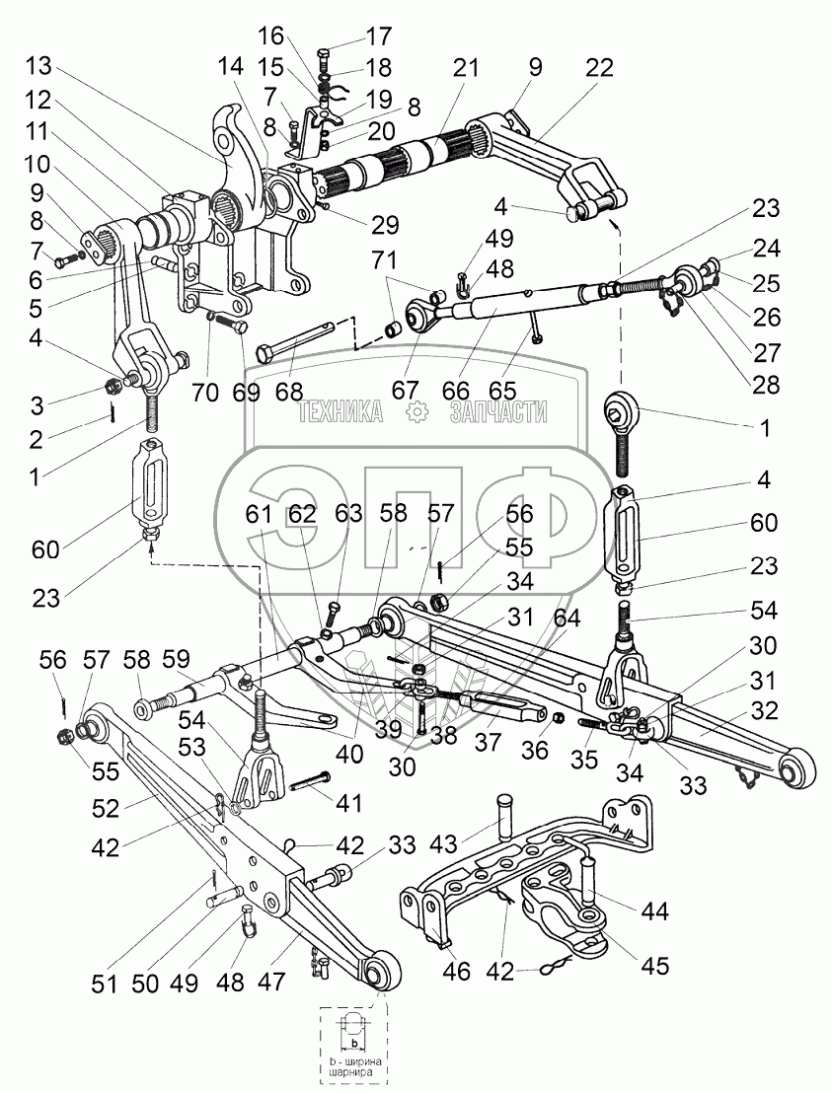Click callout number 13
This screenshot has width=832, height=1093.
[x=39, y=66]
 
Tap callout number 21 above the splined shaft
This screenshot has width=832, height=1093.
[x=466, y=68]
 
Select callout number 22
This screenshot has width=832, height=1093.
[x=599, y=67]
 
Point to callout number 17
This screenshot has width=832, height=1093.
[x=379, y=36]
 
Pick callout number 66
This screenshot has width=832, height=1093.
[x=455, y=391]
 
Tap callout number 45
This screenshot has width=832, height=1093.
[x=654, y=966]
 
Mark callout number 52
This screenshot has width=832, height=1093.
[x=106, y=808]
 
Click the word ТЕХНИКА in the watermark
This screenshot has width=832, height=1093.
[x=340, y=412]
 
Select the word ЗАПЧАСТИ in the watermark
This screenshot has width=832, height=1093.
[x=498, y=412]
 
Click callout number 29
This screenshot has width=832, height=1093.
[x=384, y=225]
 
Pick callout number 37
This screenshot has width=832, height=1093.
[x=488, y=743]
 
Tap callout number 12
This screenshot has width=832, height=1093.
[x=39, y=100]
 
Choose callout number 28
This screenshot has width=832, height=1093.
[x=766, y=385]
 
